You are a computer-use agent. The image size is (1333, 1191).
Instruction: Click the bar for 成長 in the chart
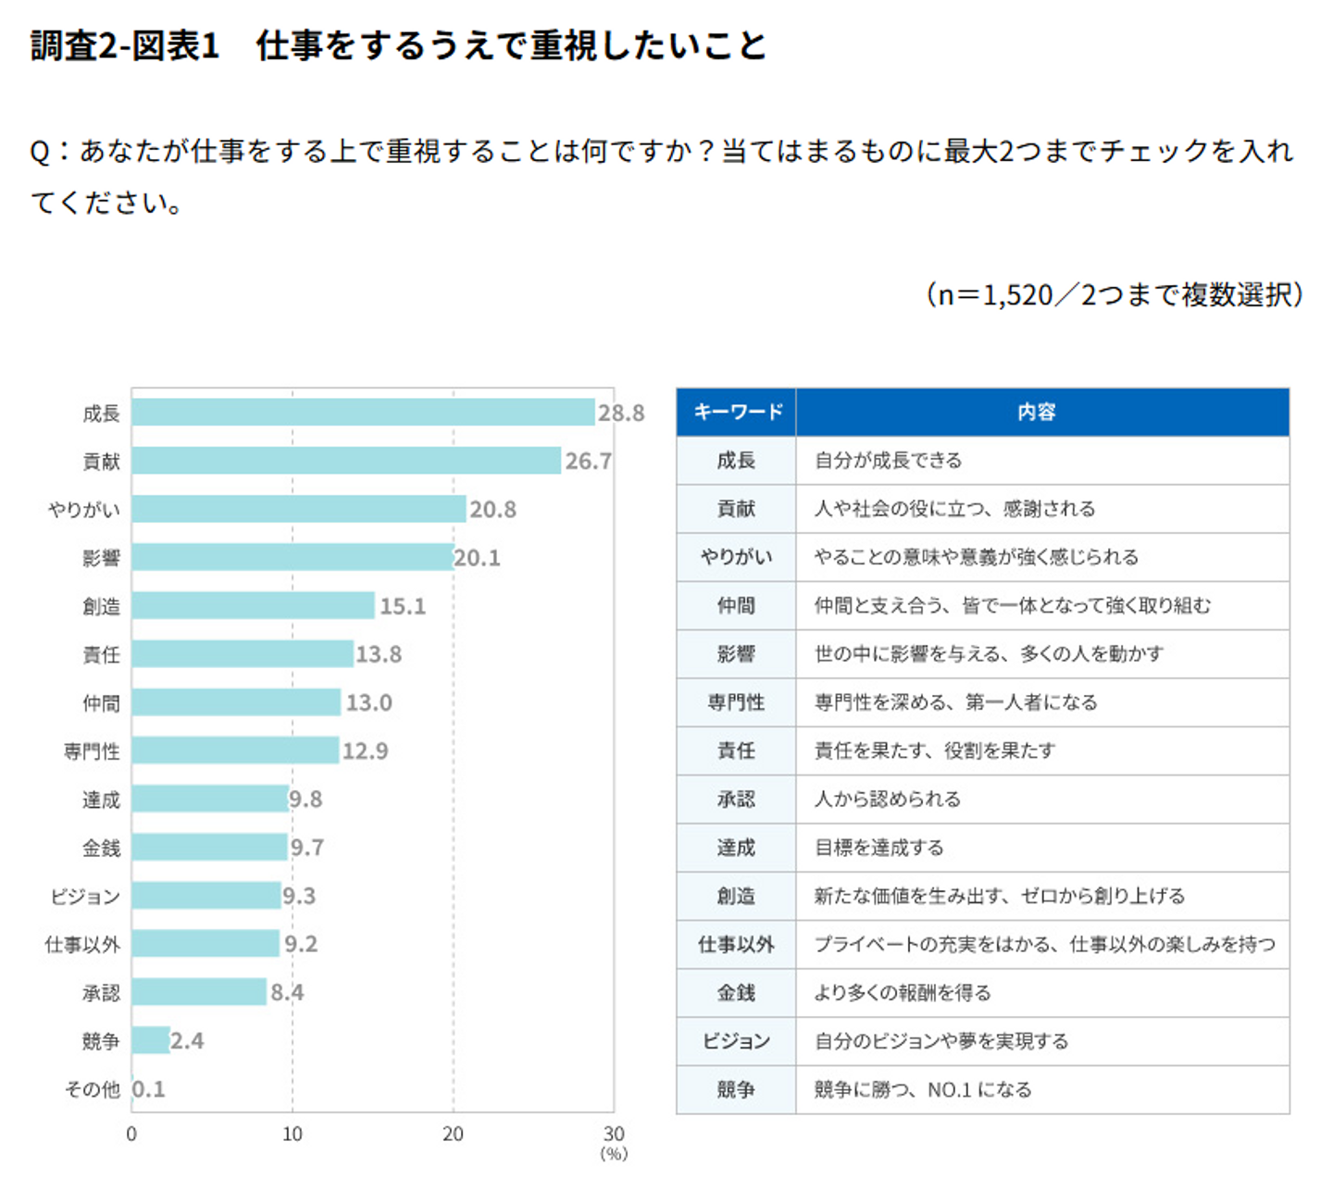pos(363,413)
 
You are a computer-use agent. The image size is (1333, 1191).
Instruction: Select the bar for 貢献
pos(346,461)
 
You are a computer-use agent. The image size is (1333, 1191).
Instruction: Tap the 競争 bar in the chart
pos(151,1040)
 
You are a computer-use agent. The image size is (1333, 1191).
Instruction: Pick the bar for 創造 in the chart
pos(253,606)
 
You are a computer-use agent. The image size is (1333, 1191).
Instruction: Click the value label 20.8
pos(492,510)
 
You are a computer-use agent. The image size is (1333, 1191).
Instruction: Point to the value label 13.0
pos(368,703)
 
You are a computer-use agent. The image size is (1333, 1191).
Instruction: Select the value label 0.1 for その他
pos(148,1089)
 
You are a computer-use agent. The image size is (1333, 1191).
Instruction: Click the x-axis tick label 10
pos(293,1135)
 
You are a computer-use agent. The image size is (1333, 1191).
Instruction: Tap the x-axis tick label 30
pos(614,1135)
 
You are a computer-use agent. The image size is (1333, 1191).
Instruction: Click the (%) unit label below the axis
pos(614,1154)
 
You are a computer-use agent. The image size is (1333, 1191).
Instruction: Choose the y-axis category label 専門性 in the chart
pos(92,751)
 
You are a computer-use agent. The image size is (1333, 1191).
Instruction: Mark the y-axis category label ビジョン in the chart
pos(85,897)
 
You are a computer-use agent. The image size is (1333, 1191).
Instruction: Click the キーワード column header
pos(737,413)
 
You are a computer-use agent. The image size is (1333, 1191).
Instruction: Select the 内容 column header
pos(1037,413)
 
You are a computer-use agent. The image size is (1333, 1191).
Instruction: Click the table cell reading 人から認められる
pos(887,800)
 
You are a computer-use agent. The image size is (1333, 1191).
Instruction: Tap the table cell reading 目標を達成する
pos(878,848)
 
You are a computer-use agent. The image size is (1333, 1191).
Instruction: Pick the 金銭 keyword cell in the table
pos(737,993)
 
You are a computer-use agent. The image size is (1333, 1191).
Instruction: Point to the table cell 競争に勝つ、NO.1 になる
pos(922,1090)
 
